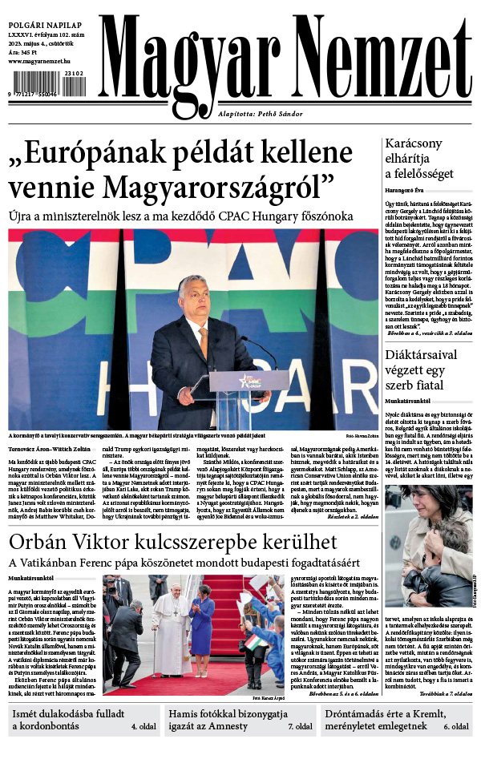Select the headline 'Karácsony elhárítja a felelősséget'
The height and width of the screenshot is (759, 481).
coord(419,159)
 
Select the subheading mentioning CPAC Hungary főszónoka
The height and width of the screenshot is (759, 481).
coord(180,216)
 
